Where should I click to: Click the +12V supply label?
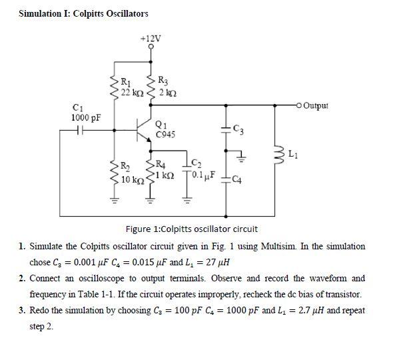click(151, 38)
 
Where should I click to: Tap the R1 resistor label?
click(125, 82)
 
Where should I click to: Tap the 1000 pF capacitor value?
click(86, 118)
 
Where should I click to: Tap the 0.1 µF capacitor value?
click(201, 176)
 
